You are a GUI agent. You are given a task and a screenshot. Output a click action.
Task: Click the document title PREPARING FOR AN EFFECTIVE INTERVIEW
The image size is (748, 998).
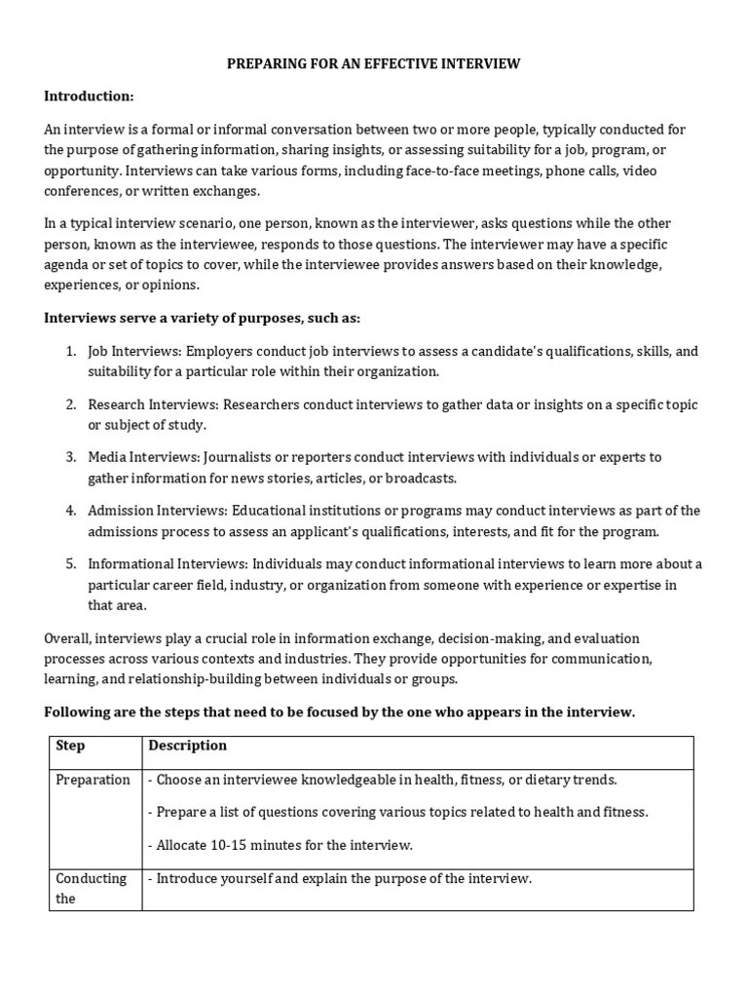pos(374,64)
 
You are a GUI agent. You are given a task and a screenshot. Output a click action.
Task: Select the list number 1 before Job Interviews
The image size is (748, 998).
pos(70,352)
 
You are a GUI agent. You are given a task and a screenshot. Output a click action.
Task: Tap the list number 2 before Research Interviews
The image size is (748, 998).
pos(70,404)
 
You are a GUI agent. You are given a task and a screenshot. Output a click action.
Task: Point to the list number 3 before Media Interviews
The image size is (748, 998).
pos(70,457)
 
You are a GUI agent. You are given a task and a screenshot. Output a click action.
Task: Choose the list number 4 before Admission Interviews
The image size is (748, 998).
pos(70,511)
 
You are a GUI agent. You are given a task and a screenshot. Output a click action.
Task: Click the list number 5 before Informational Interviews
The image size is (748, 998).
pos(70,564)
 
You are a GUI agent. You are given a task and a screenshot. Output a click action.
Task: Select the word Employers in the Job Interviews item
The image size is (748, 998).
pos(220,352)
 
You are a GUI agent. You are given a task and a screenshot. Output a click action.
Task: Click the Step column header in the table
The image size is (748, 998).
pos(70,746)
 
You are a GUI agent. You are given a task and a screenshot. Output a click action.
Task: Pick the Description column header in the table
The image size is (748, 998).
pos(187,746)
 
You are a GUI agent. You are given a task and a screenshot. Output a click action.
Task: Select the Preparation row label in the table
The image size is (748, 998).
pos(93,780)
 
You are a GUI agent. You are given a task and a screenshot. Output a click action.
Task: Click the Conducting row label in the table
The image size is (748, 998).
pos(92,878)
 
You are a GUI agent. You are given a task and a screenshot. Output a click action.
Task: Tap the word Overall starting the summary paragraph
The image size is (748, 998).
pos(69,638)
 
